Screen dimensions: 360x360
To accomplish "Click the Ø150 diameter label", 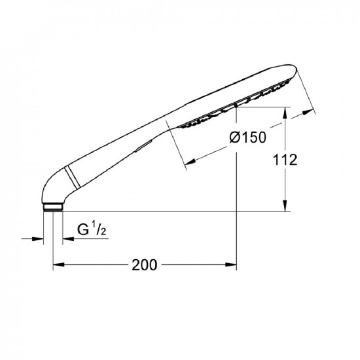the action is click(247, 137).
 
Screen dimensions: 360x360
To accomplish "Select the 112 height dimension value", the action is click(285, 160).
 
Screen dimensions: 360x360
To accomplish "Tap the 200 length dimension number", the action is click(145, 264).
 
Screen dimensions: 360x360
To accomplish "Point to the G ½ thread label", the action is click(92, 228).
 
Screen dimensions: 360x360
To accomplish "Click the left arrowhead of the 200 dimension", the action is click(58, 264).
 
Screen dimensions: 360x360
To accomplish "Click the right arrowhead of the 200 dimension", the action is click(231, 264).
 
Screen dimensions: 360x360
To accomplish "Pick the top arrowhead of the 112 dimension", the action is click(285, 113).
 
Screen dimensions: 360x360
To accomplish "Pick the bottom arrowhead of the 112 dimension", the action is click(285, 206).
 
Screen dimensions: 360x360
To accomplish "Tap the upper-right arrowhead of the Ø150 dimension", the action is click(308, 113).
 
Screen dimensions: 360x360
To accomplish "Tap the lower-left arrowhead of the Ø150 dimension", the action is click(190, 162).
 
